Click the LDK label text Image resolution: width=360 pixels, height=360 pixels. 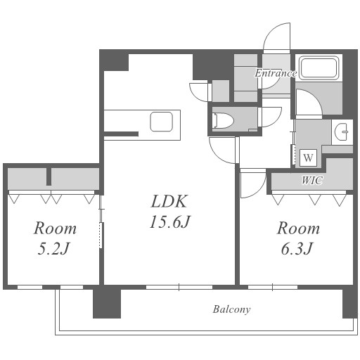[x=169, y=201]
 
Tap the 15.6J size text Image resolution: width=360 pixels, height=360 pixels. [x=170, y=221]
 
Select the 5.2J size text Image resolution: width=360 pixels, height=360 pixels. [x=54, y=248]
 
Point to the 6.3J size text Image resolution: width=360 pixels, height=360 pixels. [x=297, y=248]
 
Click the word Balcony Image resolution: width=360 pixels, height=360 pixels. [x=231, y=309]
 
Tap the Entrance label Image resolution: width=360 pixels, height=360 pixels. [x=276, y=73]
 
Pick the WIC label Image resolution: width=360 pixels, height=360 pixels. [x=312, y=180]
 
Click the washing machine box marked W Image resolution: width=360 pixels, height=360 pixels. [x=308, y=157]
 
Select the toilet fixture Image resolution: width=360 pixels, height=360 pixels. [x=223, y=121]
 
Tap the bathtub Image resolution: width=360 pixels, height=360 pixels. [x=319, y=68]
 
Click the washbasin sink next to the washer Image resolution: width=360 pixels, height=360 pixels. [x=342, y=131]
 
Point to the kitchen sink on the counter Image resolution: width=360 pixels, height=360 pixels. [x=162, y=122]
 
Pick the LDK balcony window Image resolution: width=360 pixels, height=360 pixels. [x=179, y=287]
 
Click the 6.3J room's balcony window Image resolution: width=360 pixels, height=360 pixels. [x=273, y=287]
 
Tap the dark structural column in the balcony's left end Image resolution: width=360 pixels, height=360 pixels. [x=107, y=304]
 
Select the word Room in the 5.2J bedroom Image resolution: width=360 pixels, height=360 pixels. [x=55, y=228]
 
